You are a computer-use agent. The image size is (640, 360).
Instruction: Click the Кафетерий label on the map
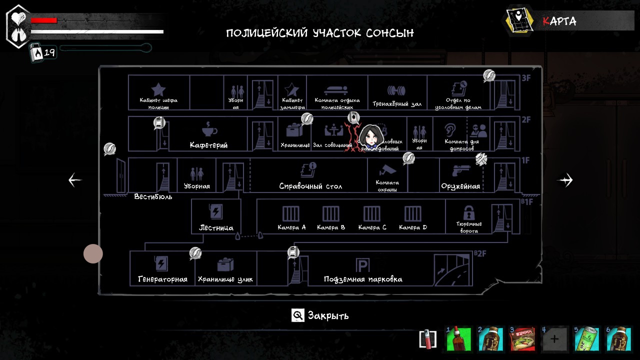pos(208,145)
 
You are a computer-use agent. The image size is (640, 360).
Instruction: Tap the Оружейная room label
pos(460,186)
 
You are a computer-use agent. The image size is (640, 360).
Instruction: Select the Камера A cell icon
pos(291,213)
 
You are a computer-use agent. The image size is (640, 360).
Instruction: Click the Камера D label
pos(413,227)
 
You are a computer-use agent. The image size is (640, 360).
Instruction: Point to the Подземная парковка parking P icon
pos(362,265)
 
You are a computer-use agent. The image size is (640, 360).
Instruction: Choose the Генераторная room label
pos(162,279)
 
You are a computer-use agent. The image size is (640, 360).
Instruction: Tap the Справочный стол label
pos(310,186)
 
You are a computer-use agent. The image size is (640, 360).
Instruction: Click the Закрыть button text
pos(328,315)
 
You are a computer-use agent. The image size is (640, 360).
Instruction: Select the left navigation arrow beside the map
pos(75,180)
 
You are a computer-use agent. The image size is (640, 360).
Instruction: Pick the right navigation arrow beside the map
pos(565,180)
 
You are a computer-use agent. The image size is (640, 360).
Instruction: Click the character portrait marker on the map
pos(370,135)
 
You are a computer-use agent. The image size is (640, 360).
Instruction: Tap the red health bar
pos(44,20)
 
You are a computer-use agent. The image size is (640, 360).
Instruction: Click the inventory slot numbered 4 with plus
pos(554,339)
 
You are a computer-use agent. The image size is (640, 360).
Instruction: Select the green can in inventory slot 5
pos(586,339)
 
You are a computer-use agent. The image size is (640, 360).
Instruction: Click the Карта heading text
pos(559,21)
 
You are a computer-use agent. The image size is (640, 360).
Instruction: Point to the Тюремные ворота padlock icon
pos(468,212)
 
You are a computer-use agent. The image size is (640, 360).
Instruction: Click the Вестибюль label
pos(153,197)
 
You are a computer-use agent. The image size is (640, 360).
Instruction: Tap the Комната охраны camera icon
pos(387,170)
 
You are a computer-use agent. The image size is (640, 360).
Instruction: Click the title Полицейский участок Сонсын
pos(320,33)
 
